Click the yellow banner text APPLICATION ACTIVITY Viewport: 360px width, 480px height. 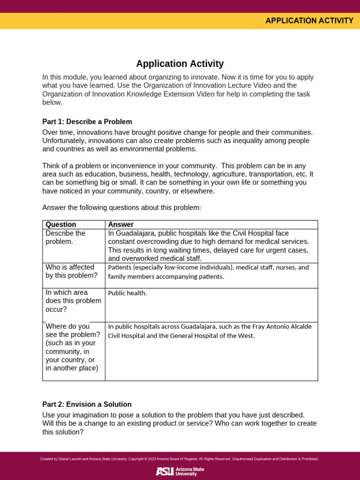309,21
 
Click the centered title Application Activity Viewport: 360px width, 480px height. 180,64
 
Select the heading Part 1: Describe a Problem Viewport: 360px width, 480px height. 87,122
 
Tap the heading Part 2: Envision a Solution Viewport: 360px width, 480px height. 87,404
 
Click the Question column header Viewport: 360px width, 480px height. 61,225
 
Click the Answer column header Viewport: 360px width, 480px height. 121,225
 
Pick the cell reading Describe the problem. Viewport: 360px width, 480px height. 66,237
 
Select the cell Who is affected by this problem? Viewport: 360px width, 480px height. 71,271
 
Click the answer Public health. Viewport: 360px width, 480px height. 127,293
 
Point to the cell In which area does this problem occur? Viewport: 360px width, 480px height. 73,300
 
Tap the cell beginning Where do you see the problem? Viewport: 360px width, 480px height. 73,347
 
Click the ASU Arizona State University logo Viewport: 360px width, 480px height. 180,471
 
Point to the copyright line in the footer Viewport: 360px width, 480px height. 180,459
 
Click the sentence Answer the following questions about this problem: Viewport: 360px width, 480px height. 121,208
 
